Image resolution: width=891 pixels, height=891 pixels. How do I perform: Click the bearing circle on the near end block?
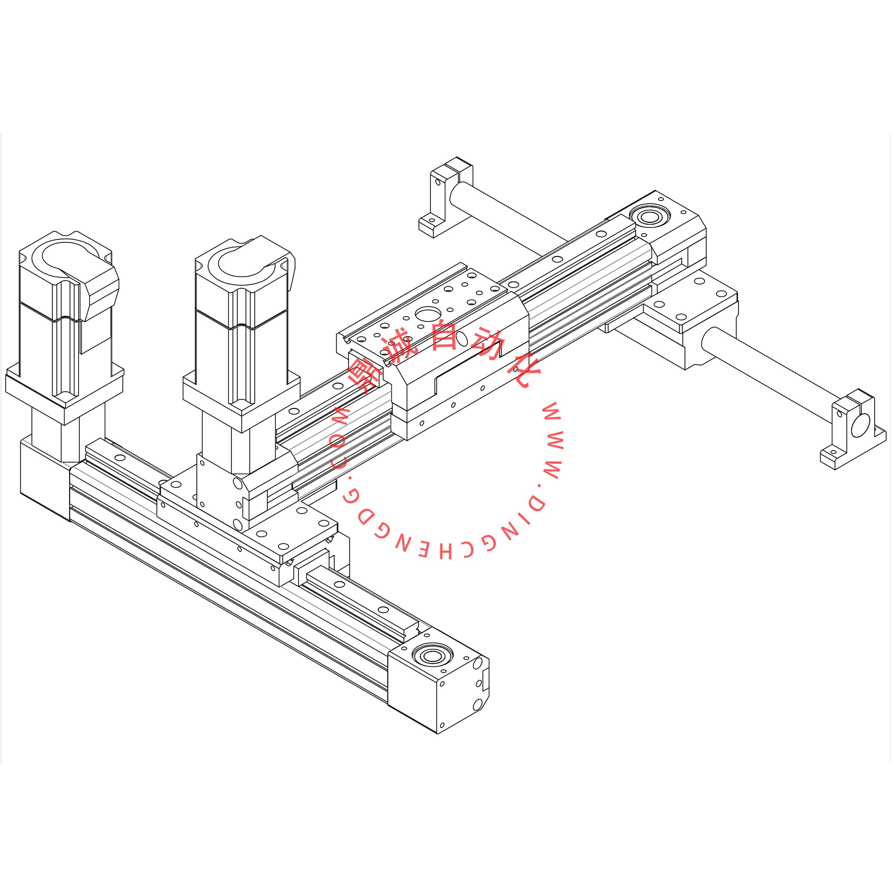pyautogui.click(x=433, y=656)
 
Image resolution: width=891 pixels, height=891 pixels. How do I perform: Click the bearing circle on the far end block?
pyautogui.click(x=650, y=217)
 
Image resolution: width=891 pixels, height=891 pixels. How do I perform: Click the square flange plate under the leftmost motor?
pyautogui.click(x=64, y=392)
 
